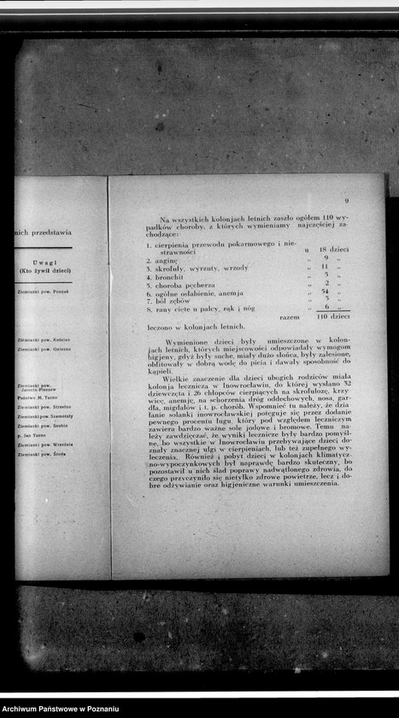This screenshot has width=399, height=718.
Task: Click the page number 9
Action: coord(346,202)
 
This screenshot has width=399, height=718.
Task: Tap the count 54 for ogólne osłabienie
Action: coord(326,291)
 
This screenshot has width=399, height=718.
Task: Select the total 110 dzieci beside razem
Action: coord(333,316)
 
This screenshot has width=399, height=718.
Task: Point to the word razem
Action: coord(290,316)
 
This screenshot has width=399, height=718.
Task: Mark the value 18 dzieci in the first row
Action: coord(334,249)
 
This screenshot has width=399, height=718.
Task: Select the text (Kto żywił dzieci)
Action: coord(45,271)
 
